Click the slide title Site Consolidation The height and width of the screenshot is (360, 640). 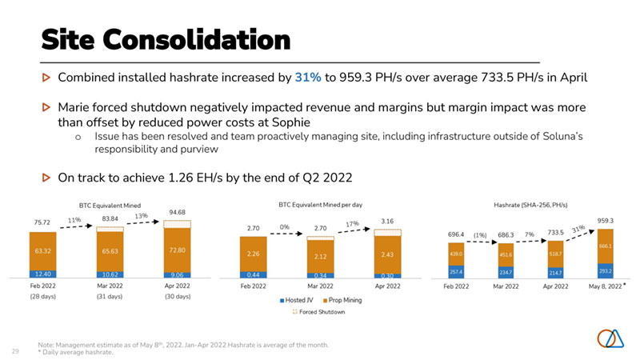click(x=165, y=38)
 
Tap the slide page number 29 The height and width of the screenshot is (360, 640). click(x=15, y=350)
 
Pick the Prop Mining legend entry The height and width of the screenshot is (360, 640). click(x=349, y=300)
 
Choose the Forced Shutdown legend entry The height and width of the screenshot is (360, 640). click(x=329, y=312)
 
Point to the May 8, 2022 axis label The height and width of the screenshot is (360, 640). click(x=602, y=286)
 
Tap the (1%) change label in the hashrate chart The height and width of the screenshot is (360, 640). click(x=479, y=235)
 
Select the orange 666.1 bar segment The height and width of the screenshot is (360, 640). click(x=606, y=246)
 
